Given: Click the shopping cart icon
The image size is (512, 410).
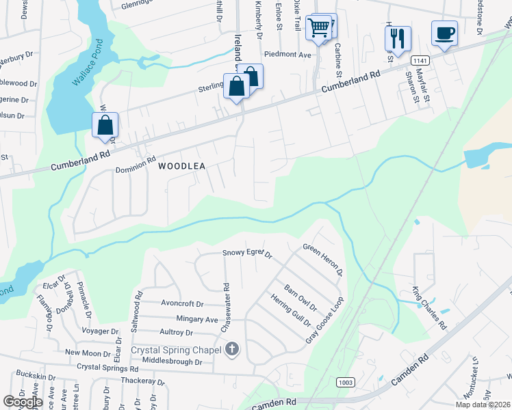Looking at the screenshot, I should pyautogui.click(x=319, y=28).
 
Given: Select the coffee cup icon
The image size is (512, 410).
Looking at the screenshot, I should pyautogui.click(x=444, y=33).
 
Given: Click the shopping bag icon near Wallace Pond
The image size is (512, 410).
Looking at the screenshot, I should pyautogui.click(x=105, y=125).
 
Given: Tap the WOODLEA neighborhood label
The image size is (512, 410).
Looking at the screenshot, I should pyautogui.click(x=182, y=166).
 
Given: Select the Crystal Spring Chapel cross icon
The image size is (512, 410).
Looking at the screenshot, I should pyautogui.click(x=232, y=350).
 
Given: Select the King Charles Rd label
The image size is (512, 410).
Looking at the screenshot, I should pyautogui.click(x=429, y=308).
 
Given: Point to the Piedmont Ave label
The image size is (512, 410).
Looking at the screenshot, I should pyautogui.click(x=287, y=55).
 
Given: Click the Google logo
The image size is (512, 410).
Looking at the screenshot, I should pyautogui.click(x=23, y=402).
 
